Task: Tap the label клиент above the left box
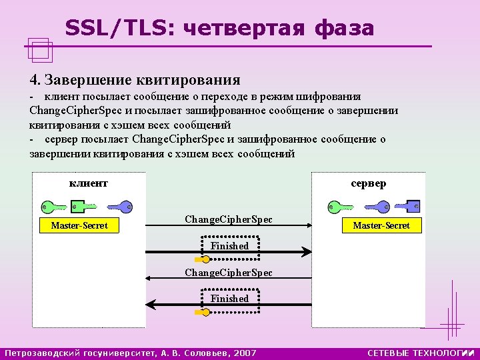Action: click(x=89, y=183)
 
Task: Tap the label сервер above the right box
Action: click(x=368, y=183)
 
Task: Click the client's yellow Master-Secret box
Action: click(x=79, y=226)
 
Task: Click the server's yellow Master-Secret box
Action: click(x=381, y=226)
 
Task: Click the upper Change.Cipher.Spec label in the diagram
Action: click(x=228, y=219)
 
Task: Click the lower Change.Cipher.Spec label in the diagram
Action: click(x=228, y=273)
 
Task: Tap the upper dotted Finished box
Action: click(x=229, y=246)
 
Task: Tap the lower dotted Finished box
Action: click(x=229, y=299)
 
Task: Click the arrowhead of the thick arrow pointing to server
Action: click(x=306, y=252)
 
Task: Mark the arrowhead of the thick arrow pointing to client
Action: click(x=151, y=305)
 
